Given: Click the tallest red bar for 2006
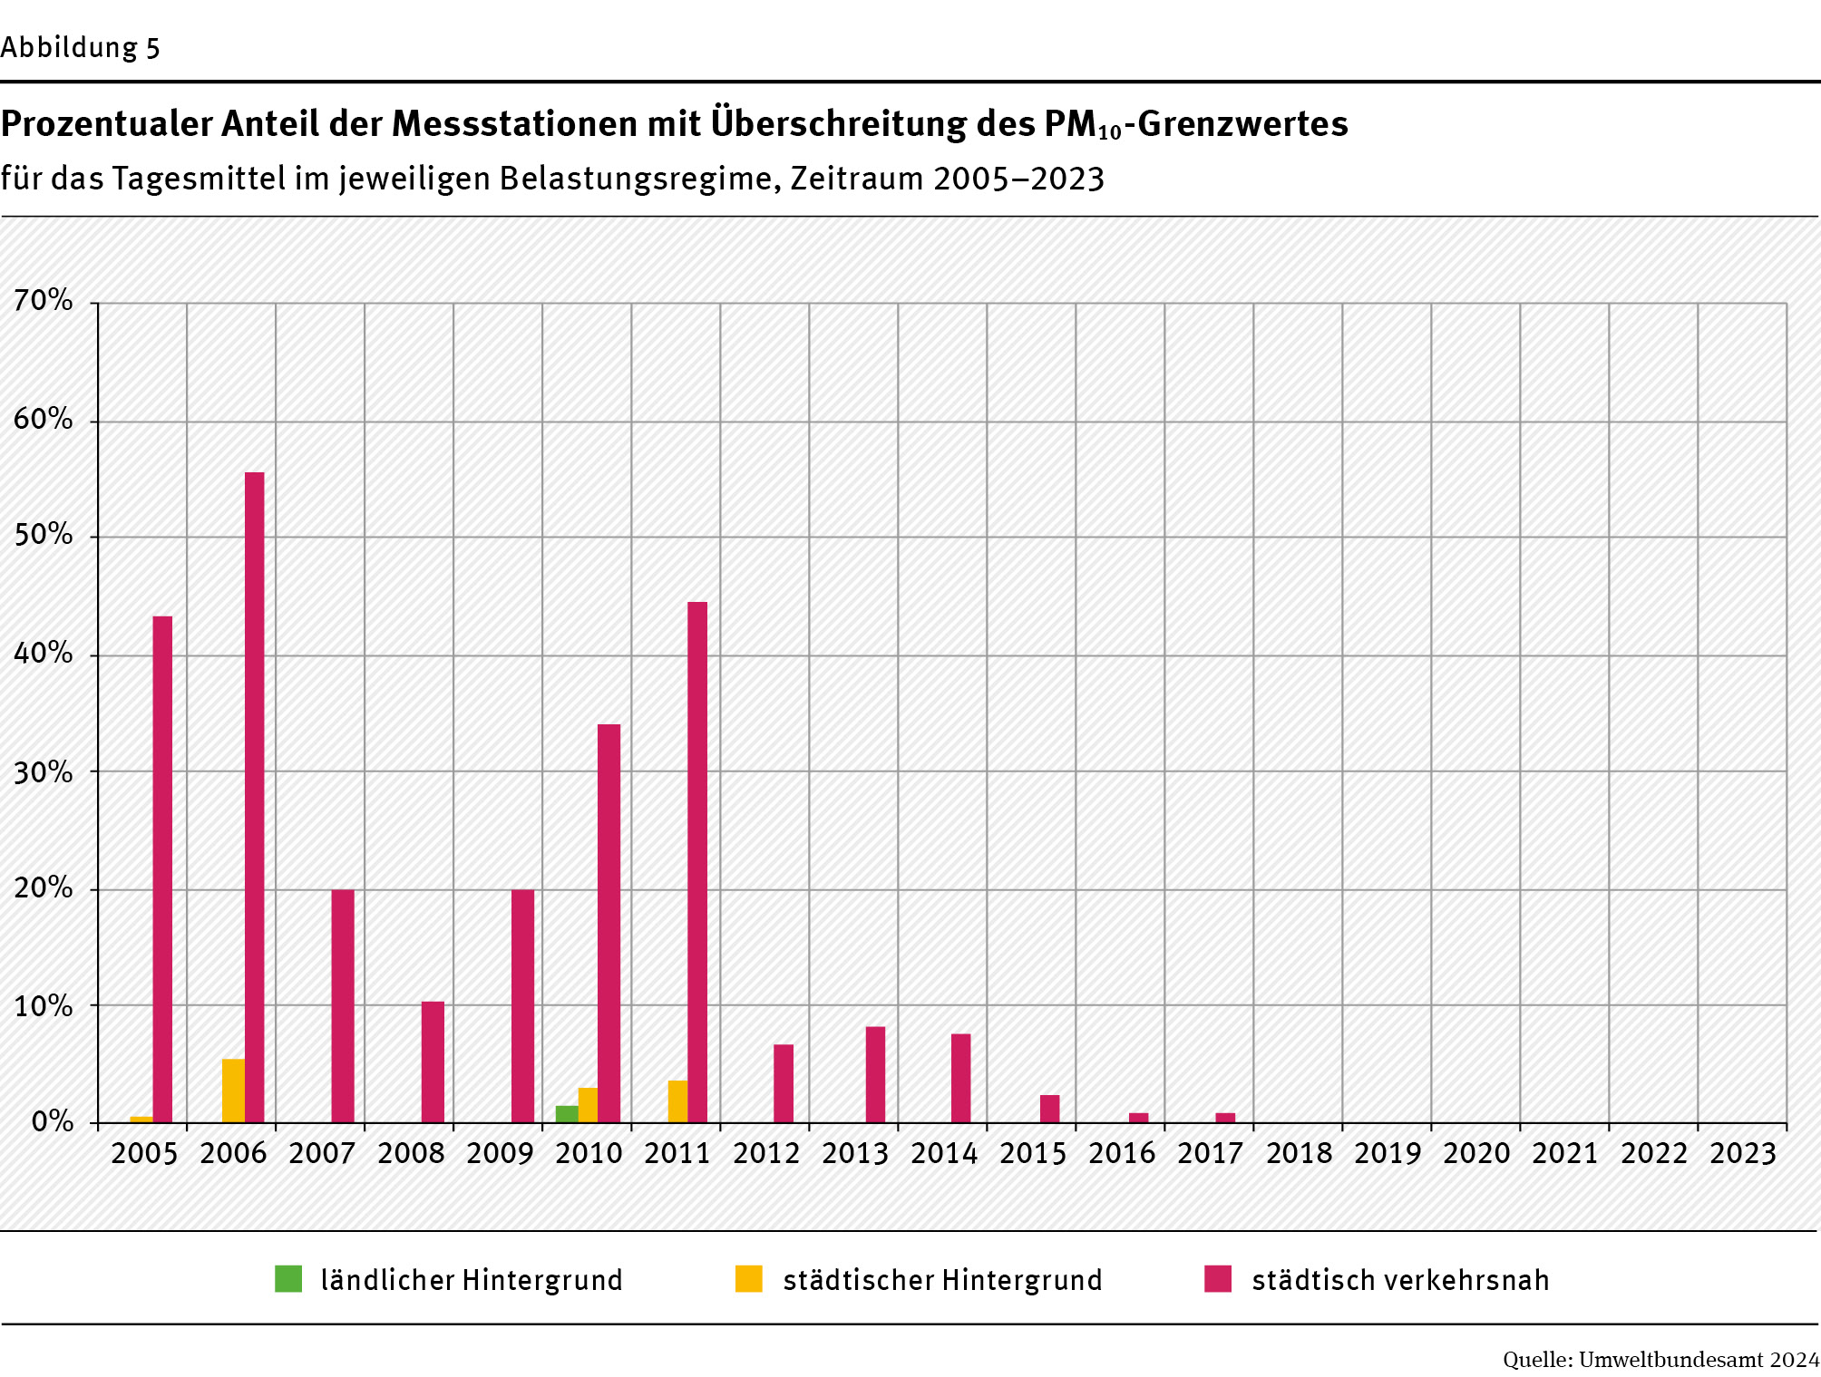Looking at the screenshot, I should point(254,798).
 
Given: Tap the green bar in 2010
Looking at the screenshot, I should point(566,1114).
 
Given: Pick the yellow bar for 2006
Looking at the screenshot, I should point(233,1091).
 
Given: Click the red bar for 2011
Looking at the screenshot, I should point(696,861).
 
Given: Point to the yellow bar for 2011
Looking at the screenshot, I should point(677,1101).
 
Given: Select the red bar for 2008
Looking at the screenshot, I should point(433,1062).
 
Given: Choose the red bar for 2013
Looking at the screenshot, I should point(875,1074).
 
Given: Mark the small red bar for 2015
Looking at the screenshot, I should point(1049,1109).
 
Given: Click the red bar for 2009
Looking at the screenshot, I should point(522,1006).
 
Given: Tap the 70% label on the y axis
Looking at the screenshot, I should point(44,300).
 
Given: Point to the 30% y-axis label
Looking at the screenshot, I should point(44,771).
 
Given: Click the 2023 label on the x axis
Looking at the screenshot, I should point(1742,1153).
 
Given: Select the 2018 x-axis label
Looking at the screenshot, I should point(1299,1153).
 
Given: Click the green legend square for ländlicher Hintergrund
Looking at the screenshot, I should point(288,1278).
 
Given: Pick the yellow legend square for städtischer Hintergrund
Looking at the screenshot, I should point(748,1278).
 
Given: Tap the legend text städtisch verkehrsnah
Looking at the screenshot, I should point(1400,1280).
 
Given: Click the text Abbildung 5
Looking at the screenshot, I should point(80,47).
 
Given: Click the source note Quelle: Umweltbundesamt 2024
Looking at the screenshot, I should point(1660,1359).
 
